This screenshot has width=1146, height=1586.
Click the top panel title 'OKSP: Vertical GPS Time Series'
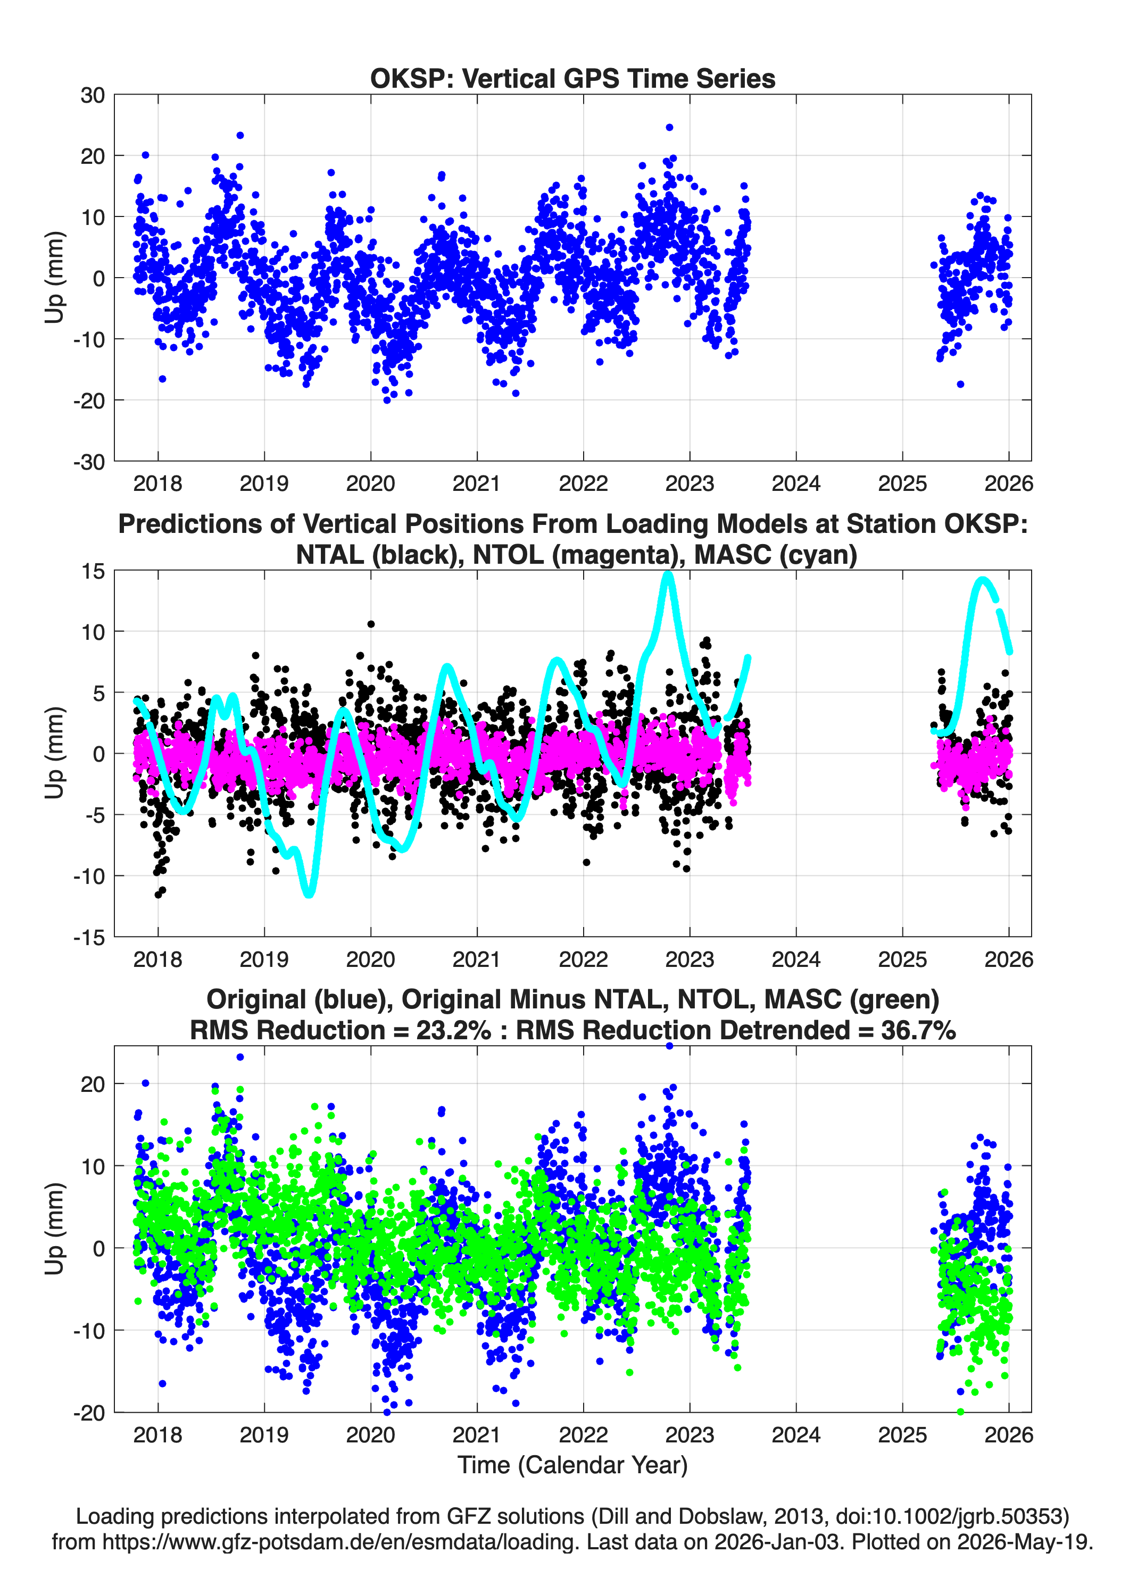click(x=572, y=78)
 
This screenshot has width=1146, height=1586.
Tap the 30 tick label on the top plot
click(x=93, y=95)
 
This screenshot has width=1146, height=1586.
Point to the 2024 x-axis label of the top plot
click(x=795, y=483)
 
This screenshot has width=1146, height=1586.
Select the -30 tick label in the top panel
click(x=89, y=462)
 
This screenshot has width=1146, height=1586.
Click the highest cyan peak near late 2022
click(x=668, y=575)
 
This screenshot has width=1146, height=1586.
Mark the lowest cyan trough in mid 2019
click(x=309, y=893)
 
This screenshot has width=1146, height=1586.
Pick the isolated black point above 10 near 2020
click(x=371, y=624)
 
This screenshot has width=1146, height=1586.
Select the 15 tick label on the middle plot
click(x=93, y=571)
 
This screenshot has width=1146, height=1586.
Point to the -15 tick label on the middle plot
click(x=89, y=937)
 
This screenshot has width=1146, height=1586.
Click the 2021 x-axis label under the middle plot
click(x=477, y=959)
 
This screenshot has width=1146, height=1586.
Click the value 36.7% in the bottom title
click(x=919, y=1030)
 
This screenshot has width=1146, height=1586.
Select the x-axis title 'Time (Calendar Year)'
click(x=572, y=1464)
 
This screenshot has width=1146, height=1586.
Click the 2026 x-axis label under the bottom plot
click(x=1008, y=1434)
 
